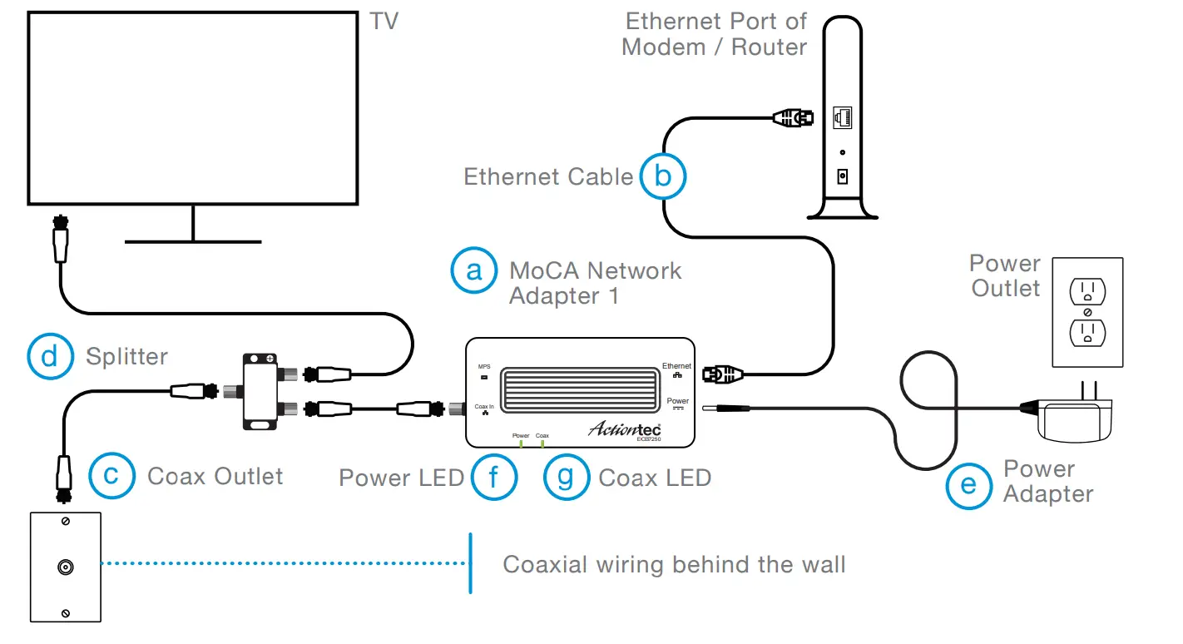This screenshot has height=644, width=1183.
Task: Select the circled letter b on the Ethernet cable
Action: pyautogui.click(x=662, y=176)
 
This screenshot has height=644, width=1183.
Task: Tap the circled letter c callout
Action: pyautogui.click(x=111, y=475)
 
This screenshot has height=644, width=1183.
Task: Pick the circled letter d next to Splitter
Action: pyautogui.click(x=51, y=356)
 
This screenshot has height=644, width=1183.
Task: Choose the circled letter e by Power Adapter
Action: pyautogui.click(x=969, y=483)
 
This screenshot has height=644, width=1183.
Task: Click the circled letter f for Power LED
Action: pyautogui.click(x=494, y=478)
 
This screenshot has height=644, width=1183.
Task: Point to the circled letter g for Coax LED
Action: pyautogui.click(x=567, y=478)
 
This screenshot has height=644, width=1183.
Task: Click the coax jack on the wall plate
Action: pyautogui.click(x=65, y=567)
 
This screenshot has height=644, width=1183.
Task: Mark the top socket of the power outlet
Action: pyautogui.click(x=1086, y=292)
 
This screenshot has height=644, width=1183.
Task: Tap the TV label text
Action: pyautogui.click(x=384, y=21)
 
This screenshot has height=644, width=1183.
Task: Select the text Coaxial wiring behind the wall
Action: pyautogui.click(x=674, y=565)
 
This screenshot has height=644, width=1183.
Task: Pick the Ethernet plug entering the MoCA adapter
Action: pyautogui.click(x=720, y=374)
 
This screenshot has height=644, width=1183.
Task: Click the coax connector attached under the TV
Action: pyautogui.click(x=61, y=237)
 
